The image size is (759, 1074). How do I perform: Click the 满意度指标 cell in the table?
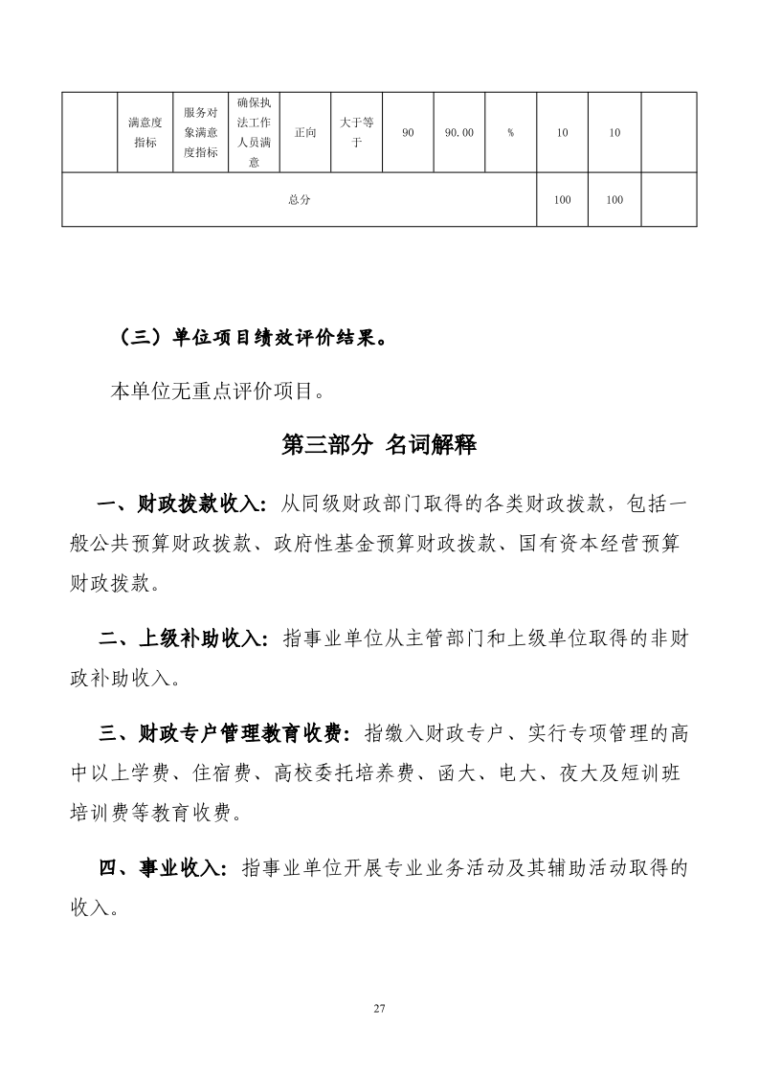pos(145,132)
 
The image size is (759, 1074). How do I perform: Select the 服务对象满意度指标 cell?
pos(200,132)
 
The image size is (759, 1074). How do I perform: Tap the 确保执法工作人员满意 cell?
pos(254,132)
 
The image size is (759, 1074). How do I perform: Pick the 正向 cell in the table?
pos(305,132)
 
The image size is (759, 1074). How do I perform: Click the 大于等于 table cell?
pos(356,132)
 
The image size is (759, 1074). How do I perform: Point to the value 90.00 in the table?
pos(459,133)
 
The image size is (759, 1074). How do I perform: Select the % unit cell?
pos(511,133)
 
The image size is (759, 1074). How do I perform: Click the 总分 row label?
pos(299,199)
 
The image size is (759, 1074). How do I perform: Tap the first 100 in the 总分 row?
pos(563,200)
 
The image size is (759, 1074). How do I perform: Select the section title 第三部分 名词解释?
pos(379,444)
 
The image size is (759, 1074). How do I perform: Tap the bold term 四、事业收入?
pos(164,868)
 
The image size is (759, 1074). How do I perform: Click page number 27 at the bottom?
pos(379,1009)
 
